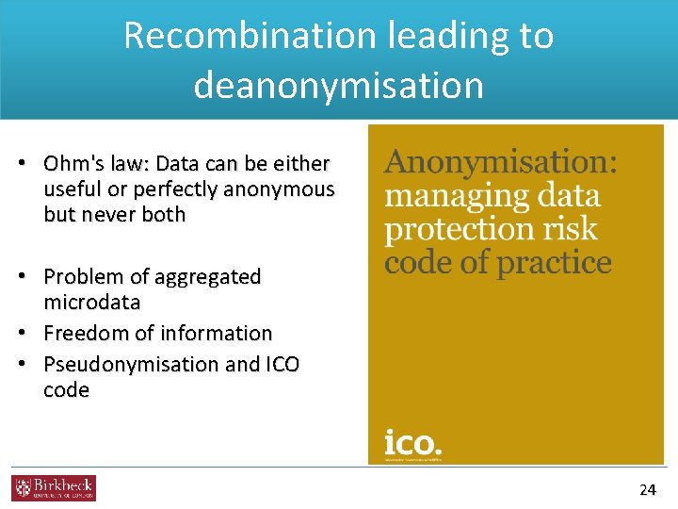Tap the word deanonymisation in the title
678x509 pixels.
coord(338,85)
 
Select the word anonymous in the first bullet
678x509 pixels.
coord(288,189)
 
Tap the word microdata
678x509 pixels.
coord(92,303)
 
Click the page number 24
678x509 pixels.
coord(647,489)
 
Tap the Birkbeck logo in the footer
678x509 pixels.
coord(54,488)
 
